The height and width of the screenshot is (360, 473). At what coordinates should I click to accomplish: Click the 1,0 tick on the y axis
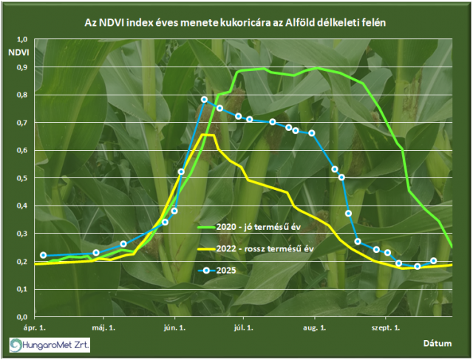point(21,39)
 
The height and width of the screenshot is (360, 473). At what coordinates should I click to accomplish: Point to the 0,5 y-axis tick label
point(21,178)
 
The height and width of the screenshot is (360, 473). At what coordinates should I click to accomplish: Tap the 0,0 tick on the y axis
point(21,316)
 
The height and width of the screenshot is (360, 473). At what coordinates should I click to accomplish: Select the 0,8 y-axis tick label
point(21,95)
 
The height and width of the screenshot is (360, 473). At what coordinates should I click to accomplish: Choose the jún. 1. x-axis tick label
point(174,326)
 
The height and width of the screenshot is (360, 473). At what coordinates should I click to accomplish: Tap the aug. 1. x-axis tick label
point(315,326)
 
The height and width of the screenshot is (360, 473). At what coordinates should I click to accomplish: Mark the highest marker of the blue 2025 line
point(204,99)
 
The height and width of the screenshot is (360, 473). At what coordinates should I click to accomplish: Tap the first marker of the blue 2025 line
point(43,255)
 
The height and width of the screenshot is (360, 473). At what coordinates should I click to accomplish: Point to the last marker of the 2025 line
point(433,260)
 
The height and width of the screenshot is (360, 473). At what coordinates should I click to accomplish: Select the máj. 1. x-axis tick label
point(104,326)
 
